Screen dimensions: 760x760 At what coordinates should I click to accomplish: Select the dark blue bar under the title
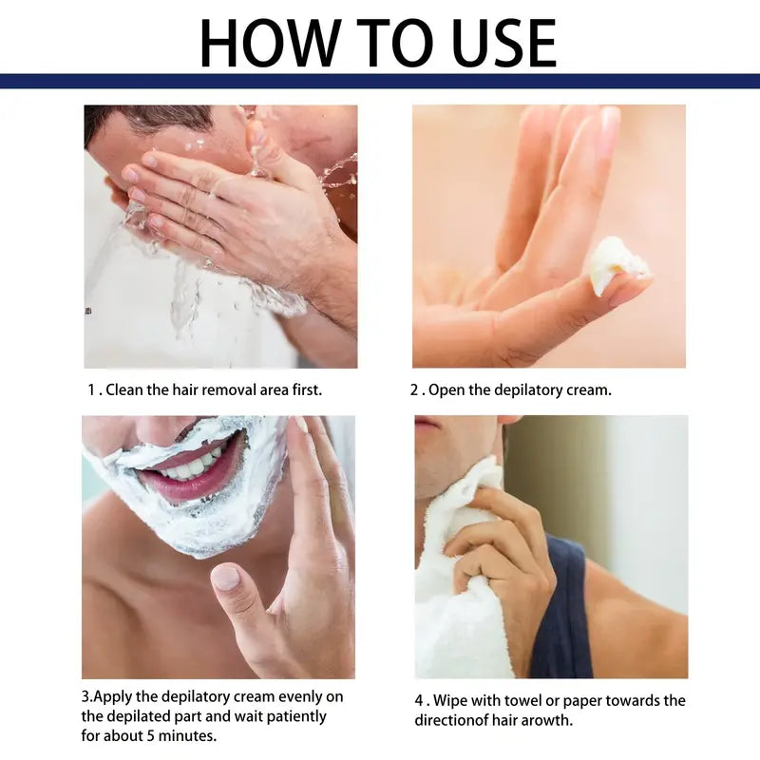coord(380,81)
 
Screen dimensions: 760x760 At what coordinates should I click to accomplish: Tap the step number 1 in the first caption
coord(92,389)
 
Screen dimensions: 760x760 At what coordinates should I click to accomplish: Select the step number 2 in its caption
coord(414,389)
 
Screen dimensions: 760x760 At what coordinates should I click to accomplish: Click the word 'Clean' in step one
coord(124,389)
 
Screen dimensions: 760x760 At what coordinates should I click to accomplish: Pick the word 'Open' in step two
coord(447,389)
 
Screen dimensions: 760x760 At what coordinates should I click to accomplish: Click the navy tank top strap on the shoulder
coord(560,608)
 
